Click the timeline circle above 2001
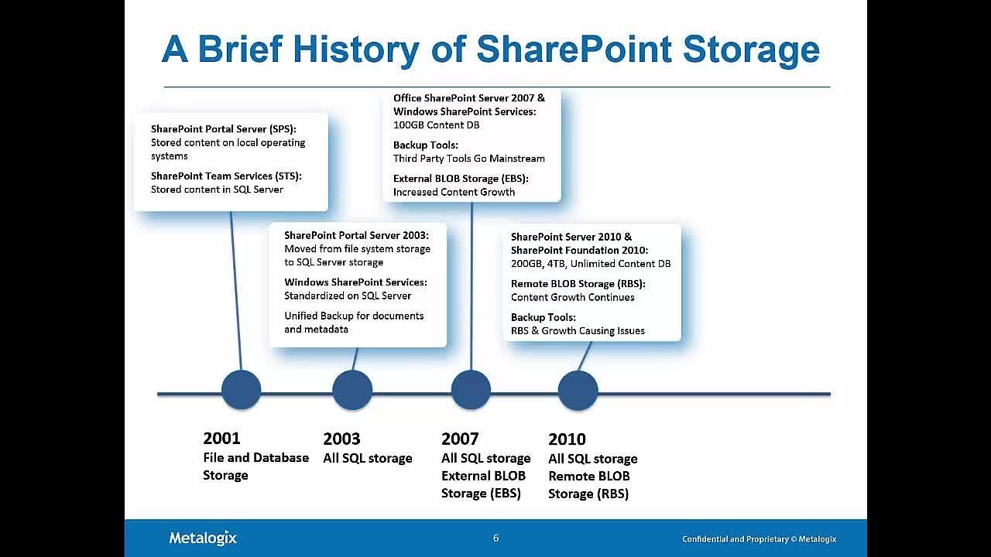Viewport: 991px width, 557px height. click(x=241, y=390)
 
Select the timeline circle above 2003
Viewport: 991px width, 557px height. click(x=352, y=390)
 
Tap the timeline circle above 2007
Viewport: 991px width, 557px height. click(x=471, y=390)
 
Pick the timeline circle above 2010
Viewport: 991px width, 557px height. click(x=578, y=390)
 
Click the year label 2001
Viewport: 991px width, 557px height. click(x=221, y=438)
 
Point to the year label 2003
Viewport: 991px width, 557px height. click(x=341, y=439)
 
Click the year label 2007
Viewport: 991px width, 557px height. click(x=460, y=439)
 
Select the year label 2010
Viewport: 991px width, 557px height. click(x=567, y=439)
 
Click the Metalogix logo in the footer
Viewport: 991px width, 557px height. click(x=203, y=538)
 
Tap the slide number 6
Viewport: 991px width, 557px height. click(x=495, y=538)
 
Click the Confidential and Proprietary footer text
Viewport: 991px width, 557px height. click(x=759, y=539)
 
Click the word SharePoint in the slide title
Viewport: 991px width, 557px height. click(x=574, y=50)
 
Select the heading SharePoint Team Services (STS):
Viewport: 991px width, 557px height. click(x=226, y=176)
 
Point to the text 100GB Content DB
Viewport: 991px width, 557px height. click(x=436, y=125)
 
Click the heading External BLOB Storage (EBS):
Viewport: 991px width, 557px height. click(x=461, y=178)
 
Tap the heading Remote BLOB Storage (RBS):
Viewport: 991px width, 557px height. click(x=578, y=284)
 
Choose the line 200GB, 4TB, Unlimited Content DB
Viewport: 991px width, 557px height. click(x=591, y=264)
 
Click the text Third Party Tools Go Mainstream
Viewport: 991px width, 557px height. click(x=468, y=159)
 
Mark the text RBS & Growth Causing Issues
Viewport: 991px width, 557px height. click(x=578, y=330)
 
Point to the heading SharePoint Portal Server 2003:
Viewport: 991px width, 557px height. click(x=356, y=235)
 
